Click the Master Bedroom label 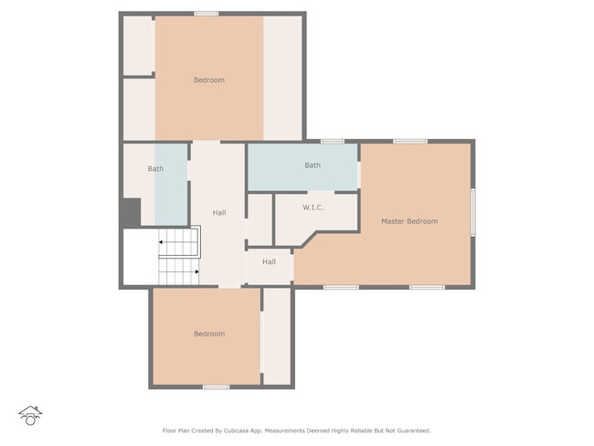[408, 221]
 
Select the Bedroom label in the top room [208, 80]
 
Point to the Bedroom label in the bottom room [208, 334]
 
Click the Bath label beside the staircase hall [155, 169]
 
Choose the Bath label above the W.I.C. [313, 165]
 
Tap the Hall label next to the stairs [219, 213]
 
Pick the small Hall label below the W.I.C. [269, 262]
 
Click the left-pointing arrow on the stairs [162, 242]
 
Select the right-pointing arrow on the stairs [197, 271]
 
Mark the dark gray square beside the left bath [131, 213]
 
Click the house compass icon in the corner [30, 416]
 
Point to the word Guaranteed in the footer [410, 430]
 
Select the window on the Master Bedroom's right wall [472, 212]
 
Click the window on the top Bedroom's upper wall [207, 13]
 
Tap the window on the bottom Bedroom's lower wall [216, 387]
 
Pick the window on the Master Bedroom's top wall [409, 141]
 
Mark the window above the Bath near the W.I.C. [332, 141]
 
